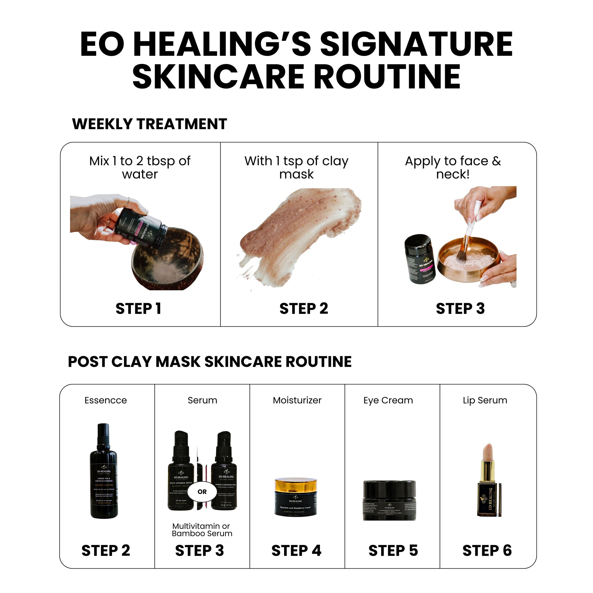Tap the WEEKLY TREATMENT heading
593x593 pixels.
(149, 124)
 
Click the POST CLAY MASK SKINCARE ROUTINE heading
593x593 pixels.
(210, 362)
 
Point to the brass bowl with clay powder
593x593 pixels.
(468, 258)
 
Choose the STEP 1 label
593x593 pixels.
(138, 309)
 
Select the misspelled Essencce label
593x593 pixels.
(106, 400)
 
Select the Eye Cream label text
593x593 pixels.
(388, 400)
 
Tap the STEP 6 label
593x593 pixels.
(487, 551)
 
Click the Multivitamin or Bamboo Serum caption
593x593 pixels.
(202, 530)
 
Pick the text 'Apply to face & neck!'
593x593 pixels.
(453, 168)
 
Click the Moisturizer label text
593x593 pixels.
(297, 400)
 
